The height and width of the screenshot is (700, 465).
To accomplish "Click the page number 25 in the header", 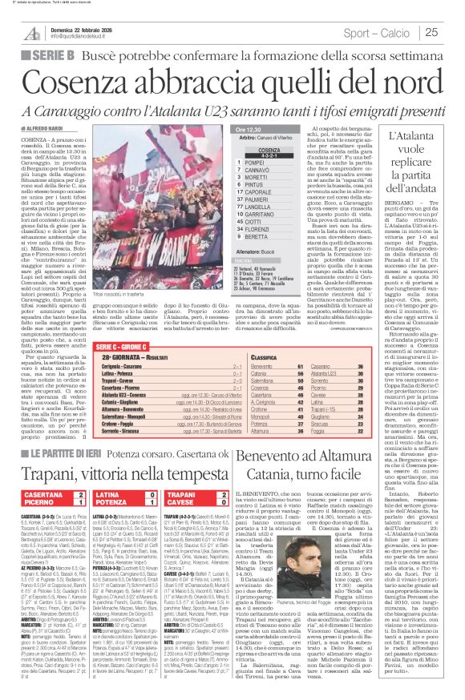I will [x=451, y=32].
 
